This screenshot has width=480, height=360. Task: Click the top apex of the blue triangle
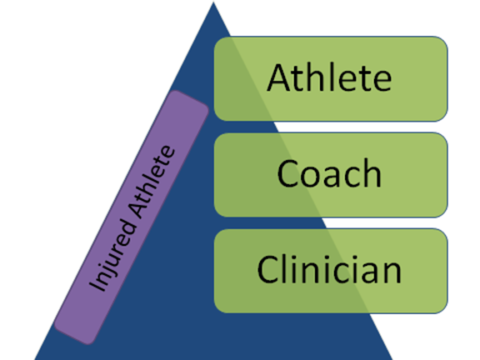(213, 3)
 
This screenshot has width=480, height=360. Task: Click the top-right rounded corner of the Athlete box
(443, 41)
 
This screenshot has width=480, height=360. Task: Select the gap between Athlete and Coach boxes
(331, 127)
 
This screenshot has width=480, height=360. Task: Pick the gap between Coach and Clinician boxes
(331, 222)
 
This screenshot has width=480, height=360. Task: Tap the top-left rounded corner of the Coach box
(219, 137)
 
